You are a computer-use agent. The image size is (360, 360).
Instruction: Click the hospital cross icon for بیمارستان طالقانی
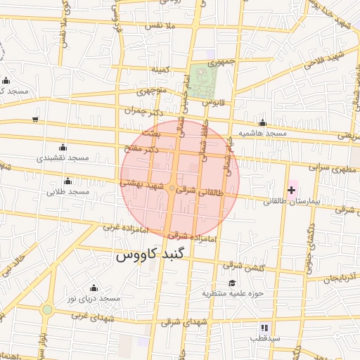[x=292, y=190]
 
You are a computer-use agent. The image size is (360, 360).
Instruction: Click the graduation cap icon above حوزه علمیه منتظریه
[x=231, y=283]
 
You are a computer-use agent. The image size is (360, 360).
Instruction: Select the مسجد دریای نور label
[x=94, y=299]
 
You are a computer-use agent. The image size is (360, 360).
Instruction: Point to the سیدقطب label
[x=265, y=338]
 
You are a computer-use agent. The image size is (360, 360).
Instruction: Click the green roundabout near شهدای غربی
[x=47, y=309]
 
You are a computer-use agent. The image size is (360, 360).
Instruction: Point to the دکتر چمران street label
[x=143, y=111]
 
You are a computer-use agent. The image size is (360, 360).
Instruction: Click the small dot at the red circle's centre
[x=172, y=188]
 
